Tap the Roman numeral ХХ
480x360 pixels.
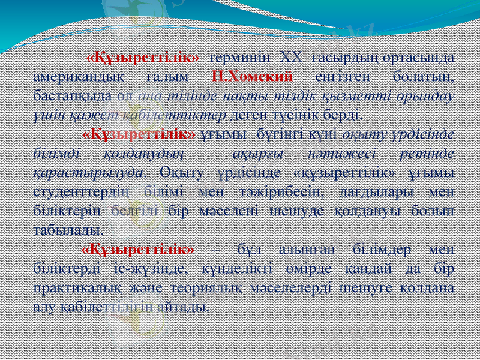pyautogui.click(x=292, y=58)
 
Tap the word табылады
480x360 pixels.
pyautogui.click(x=67, y=229)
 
